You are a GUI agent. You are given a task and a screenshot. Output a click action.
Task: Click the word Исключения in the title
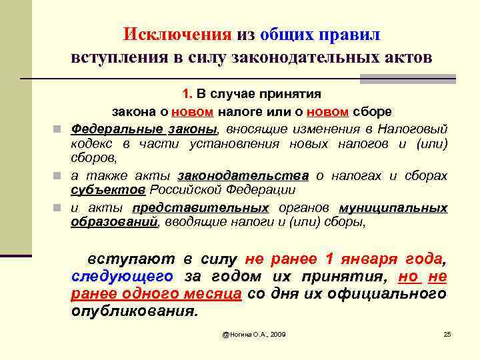177,33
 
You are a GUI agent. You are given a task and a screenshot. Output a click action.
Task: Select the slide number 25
447,333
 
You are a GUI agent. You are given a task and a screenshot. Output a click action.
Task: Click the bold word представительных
200,207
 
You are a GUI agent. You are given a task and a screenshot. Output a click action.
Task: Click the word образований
114,222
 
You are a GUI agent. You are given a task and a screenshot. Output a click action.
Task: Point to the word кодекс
91,143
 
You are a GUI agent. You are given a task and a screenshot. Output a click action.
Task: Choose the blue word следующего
122,276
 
